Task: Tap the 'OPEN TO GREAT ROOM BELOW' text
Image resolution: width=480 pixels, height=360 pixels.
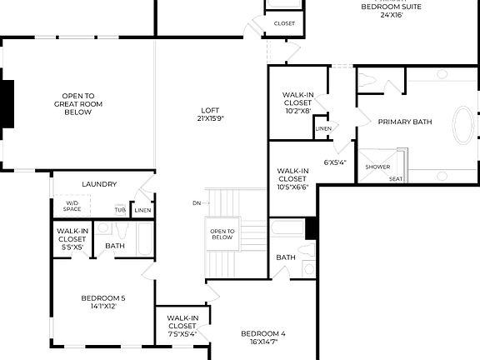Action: click(77, 103)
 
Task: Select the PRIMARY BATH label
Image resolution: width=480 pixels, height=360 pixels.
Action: click(405, 122)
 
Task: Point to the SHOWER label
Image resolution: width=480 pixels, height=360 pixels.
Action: click(377, 167)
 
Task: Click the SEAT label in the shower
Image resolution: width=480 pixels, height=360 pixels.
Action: click(396, 178)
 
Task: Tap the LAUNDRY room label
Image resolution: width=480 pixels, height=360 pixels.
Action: click(99, 184)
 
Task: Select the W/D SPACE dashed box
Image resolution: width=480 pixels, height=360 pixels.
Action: click(72, 206)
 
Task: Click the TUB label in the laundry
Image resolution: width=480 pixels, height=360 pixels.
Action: click(121, 209)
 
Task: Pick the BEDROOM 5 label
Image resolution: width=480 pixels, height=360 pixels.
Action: click(103, 302)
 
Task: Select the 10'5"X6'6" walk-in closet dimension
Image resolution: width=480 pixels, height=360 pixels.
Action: click(292, 187)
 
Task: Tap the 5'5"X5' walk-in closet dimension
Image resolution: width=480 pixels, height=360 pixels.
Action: click(72, 247)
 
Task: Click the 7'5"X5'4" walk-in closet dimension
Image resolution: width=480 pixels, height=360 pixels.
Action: click(182, 333)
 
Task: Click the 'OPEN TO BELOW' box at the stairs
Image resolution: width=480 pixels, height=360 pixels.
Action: click(222, 234)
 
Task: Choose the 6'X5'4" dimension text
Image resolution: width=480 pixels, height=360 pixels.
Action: click(335, 162)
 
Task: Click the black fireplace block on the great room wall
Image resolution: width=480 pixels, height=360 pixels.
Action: click(7, 104)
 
